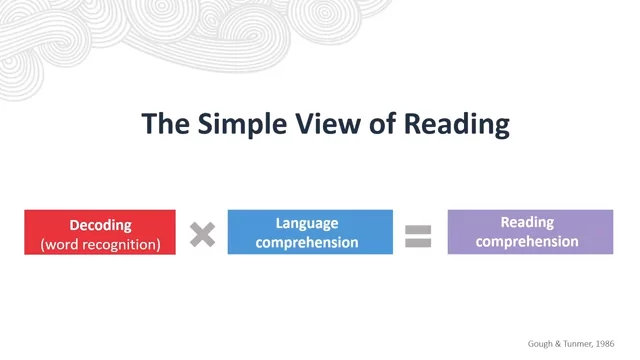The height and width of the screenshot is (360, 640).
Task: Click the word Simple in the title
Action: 242,124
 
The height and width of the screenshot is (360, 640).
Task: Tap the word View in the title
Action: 328,123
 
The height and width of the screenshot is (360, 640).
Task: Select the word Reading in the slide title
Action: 457,124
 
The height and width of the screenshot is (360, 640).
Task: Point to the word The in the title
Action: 165,123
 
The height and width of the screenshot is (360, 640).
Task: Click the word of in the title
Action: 382,123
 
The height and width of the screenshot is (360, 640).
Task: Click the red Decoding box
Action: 100,232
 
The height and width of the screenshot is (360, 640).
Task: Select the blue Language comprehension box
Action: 310,232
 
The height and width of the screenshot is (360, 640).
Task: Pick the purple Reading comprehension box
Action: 530,232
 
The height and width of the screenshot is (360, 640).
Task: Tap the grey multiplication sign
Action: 202,234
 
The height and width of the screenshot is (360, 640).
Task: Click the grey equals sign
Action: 418,236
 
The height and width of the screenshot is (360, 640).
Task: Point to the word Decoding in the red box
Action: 100,225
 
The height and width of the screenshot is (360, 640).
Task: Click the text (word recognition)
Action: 100,244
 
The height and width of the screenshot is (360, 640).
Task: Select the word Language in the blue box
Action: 307,224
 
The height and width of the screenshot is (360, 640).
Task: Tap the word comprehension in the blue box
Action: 307,242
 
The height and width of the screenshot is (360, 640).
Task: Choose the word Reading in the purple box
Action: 527,223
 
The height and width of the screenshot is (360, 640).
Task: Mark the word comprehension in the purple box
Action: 527,242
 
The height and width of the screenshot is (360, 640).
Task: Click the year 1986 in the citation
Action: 605,344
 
